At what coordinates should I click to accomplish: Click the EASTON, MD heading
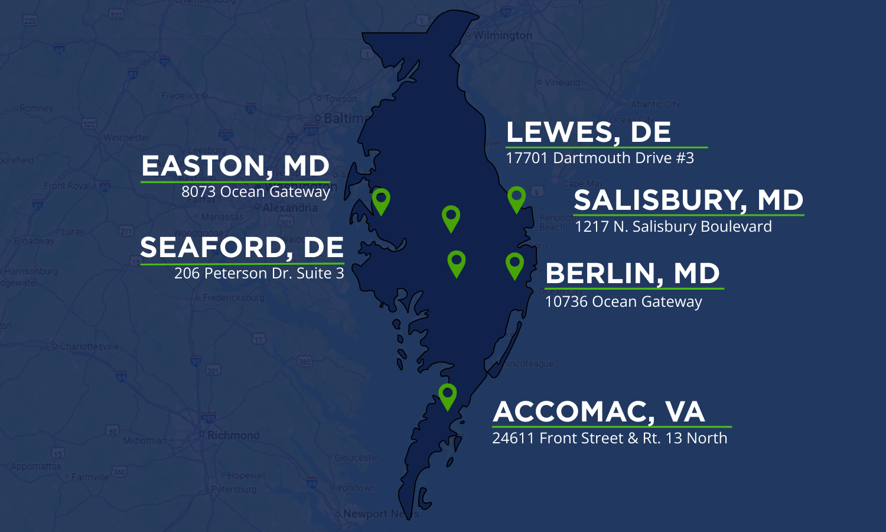235,166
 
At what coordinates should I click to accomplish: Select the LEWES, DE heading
588,132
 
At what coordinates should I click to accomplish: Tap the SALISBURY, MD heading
688,200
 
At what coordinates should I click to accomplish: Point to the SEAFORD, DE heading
242,248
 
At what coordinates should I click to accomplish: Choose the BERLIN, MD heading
633,274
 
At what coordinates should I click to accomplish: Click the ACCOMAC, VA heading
599,412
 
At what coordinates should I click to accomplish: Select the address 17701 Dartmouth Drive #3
600,158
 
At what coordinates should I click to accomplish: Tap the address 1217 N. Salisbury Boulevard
673,227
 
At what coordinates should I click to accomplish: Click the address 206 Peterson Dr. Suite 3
259,274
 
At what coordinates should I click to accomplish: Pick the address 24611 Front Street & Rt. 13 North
610,439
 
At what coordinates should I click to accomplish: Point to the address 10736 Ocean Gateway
623,302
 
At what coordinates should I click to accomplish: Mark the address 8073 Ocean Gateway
255,192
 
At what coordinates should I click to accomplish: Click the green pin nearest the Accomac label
448,395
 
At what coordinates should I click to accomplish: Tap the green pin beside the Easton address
381,200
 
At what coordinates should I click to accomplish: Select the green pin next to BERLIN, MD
514,264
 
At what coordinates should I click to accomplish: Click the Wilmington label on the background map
503,35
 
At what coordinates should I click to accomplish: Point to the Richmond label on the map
233,436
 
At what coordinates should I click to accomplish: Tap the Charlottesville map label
89,347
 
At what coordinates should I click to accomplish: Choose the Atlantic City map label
655,105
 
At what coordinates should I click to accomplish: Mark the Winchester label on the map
126,138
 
